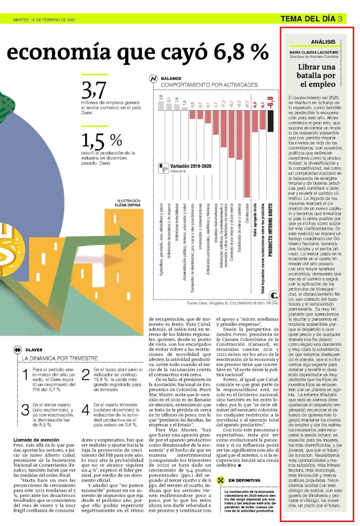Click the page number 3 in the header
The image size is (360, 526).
tap(340, 19)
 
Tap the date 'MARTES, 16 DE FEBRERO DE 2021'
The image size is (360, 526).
tap(45, 20)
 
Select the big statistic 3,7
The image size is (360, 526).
tap(94, 90)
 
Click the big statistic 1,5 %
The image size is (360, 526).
tap(102, 141)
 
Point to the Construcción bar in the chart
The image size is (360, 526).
tap(247, 154)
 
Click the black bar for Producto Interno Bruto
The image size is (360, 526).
tap(270, 121)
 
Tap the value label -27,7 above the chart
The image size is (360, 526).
tap(247, 104)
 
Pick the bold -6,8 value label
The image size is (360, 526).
tap(270, 102)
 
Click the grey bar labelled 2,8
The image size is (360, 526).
tap(161, 106)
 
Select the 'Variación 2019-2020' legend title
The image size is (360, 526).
tap(191, 166)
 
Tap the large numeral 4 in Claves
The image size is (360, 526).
tap(86, 410)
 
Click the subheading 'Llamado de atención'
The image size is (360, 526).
tap(36, 440)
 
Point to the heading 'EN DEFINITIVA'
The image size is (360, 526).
tap(244, 480)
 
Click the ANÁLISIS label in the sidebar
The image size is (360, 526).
tap(323, 42)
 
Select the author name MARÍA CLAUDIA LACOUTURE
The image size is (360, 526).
tap(314, 52)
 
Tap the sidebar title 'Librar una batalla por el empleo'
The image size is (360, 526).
tap(316, 75)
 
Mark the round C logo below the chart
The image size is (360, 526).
tap(274, 295)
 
